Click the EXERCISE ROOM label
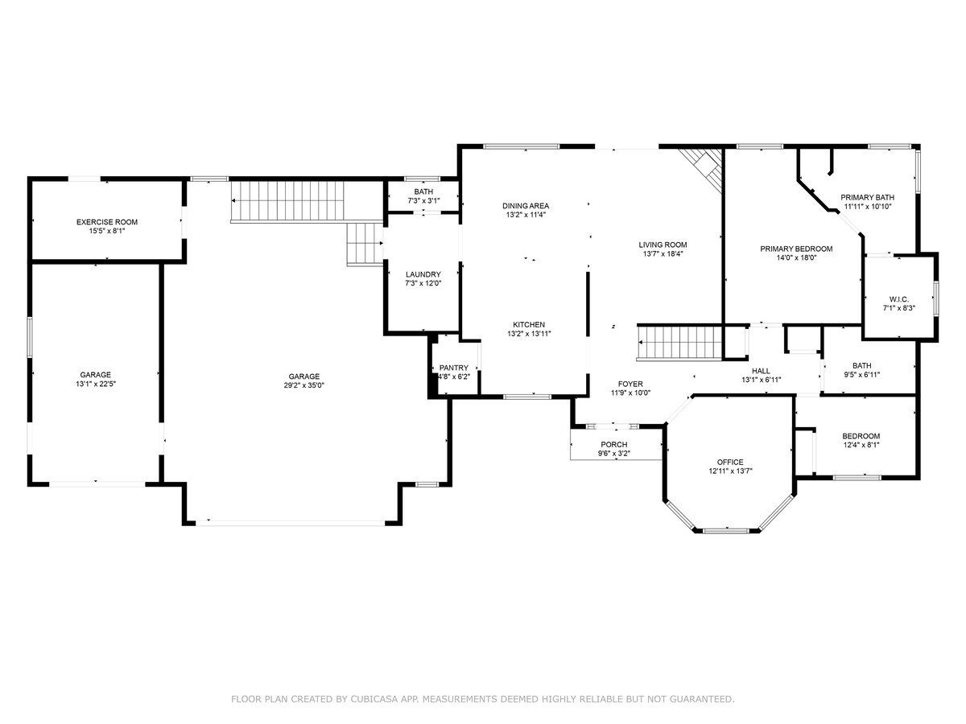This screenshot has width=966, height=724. (x=107, y=222)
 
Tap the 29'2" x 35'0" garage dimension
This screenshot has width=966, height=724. (x=303, y=385)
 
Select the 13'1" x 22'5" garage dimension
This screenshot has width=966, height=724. (x=96, y=384)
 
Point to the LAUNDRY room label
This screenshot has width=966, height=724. (x=423, y=274)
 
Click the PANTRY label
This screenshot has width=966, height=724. (x=454, y=368)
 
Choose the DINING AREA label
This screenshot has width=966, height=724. (x=526, y=206)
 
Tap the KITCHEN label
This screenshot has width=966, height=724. (x=529, y=324)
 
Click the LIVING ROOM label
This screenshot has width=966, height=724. (x=663, y=245)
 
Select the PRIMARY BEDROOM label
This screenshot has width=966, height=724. (x=796, y=249)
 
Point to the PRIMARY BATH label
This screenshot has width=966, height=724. (x=867, y=197)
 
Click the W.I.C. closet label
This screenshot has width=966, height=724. (x=898, y=299)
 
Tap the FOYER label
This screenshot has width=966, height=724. (x=630, y=384)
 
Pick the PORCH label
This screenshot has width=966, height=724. (x=614, y=444)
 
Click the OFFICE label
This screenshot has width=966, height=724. (x=730, y=462)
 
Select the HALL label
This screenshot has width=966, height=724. (x=761, y=371)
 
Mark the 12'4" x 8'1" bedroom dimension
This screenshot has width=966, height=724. (x=861, y=445)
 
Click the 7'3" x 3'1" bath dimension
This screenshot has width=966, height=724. (x=423, y=200)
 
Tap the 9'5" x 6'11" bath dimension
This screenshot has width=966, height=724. (x=861, y=375)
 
